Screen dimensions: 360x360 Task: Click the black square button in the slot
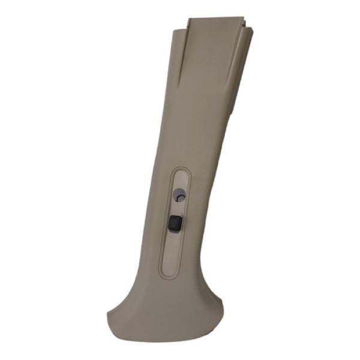pos(175,223)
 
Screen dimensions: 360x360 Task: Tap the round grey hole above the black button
pos(179,195)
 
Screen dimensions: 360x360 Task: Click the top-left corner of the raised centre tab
pos(187,20)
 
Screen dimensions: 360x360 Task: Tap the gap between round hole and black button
pos(177,208)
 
